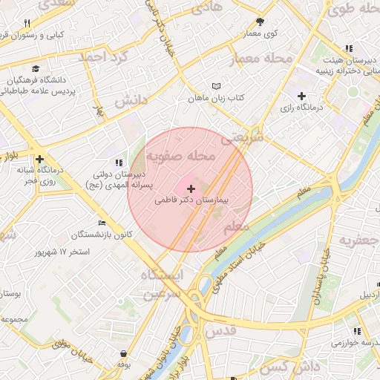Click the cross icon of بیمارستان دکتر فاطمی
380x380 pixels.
pyautogui.click(x=191, y=189)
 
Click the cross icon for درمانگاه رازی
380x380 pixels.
pyautogui.click(x=301, y=96)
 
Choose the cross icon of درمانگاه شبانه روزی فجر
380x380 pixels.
pyautogui.click(x=39, y=158)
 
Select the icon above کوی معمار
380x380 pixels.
pyautogui.click(x=260, y=22)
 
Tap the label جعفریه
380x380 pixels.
pyautogui.click(x=358, y=240)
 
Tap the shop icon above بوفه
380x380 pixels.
pyautogui.click(x=122, y=354)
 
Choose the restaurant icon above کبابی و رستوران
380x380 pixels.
pyautogui.click(x=27, y=24)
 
